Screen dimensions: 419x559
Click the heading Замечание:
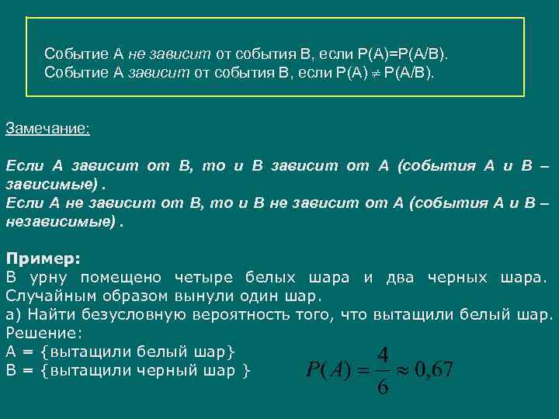coord(48,128)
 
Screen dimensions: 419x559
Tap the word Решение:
coord(43,333)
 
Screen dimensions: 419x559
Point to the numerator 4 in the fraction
coord(382,354)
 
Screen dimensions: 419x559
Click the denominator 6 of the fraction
coord(382,386)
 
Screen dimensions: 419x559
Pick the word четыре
coord(206,277)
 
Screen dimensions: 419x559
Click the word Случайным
coord(47,296)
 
